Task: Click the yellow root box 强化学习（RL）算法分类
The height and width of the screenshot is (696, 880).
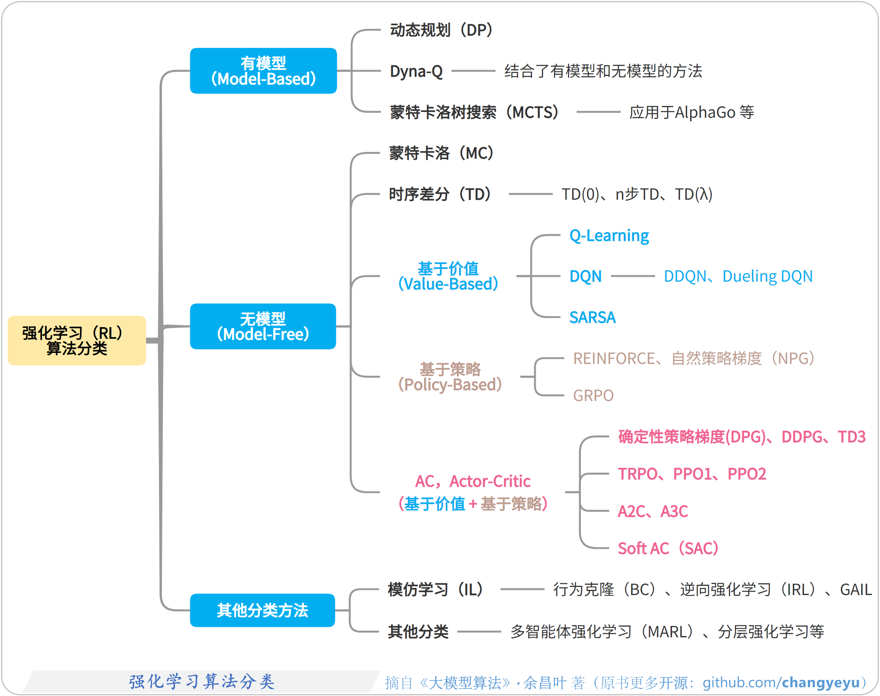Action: point(77,340)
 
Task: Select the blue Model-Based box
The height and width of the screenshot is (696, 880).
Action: point(263,71)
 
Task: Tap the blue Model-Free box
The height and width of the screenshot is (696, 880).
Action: point(263,326)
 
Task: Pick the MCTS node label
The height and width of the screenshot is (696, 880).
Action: point(475,112)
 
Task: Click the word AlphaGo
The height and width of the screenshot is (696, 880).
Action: point(705,112)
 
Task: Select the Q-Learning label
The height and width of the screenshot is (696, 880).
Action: point(609,235)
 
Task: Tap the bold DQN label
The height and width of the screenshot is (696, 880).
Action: point(585,276)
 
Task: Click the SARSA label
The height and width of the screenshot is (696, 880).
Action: point(592,317)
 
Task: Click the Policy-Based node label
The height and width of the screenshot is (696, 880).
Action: point(450,377)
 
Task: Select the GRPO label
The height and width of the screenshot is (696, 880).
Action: point(593,395)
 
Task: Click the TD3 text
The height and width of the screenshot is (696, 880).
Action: point(851,437)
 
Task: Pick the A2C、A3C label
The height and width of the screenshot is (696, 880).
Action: point(653,511)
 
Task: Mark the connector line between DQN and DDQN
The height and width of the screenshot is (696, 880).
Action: point(633,276)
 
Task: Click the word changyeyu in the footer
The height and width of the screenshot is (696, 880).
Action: point(821,682)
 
